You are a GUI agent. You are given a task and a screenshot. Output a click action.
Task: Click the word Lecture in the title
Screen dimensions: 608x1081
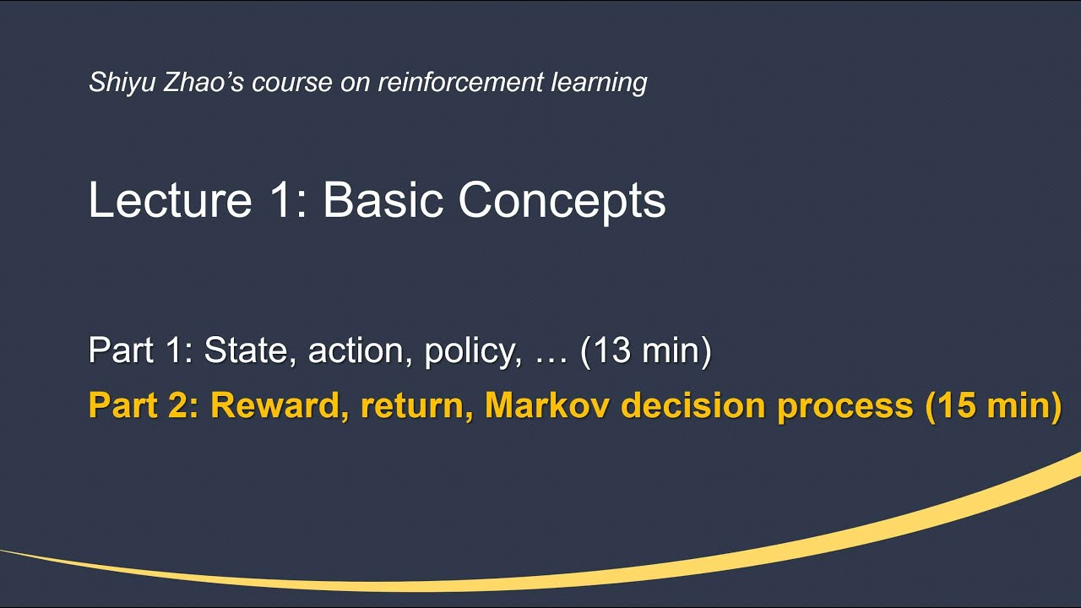(x=170, y=201)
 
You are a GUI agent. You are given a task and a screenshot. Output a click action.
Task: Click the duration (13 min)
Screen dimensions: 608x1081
(x=646, y=350)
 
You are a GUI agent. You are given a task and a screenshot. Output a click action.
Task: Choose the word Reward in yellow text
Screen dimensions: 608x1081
(x=279, y=405)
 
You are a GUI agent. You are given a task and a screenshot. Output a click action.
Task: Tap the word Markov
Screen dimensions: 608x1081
(x=548, y=405)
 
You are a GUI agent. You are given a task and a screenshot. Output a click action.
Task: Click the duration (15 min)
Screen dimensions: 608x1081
(x=993, y=405)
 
